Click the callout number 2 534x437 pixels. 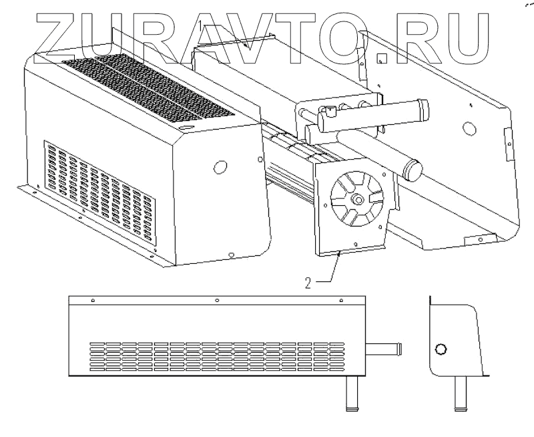308,282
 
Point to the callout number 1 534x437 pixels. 201,25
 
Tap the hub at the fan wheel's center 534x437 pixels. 359,199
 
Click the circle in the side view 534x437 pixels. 441,348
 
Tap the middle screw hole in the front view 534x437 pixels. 217,301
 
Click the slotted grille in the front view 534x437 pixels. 217,355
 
